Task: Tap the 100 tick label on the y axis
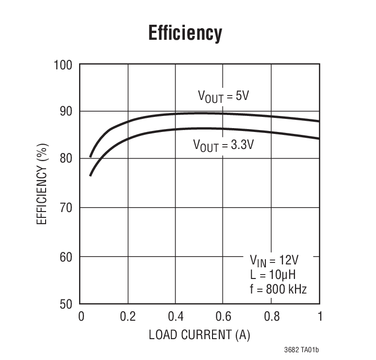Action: pyautogui.click(x=63, y=65)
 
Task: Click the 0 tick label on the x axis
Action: pyautogui.click(x=81, y=317)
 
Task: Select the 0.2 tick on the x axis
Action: pyautogui.click(x=128, y=317)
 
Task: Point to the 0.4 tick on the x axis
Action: pyautogui.click(x=176, y=317)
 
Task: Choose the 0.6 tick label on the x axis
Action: pyautogui.click(x=223, y=317)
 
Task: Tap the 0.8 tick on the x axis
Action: pyautogui.click(x=271, y=317)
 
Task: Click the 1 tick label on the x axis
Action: pyautogui.click(x=319, y=317)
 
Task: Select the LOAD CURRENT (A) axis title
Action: pyautogui.click(x=199, y=335)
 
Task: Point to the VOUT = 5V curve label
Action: pyautogui.click(x=224, y=96)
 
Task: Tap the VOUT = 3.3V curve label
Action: pyautogui.click(x=223, y=145)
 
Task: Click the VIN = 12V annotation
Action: pyautogui.click(x=275, y=261)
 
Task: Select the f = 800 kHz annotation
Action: pyautogui.click(x=277, y=290)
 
